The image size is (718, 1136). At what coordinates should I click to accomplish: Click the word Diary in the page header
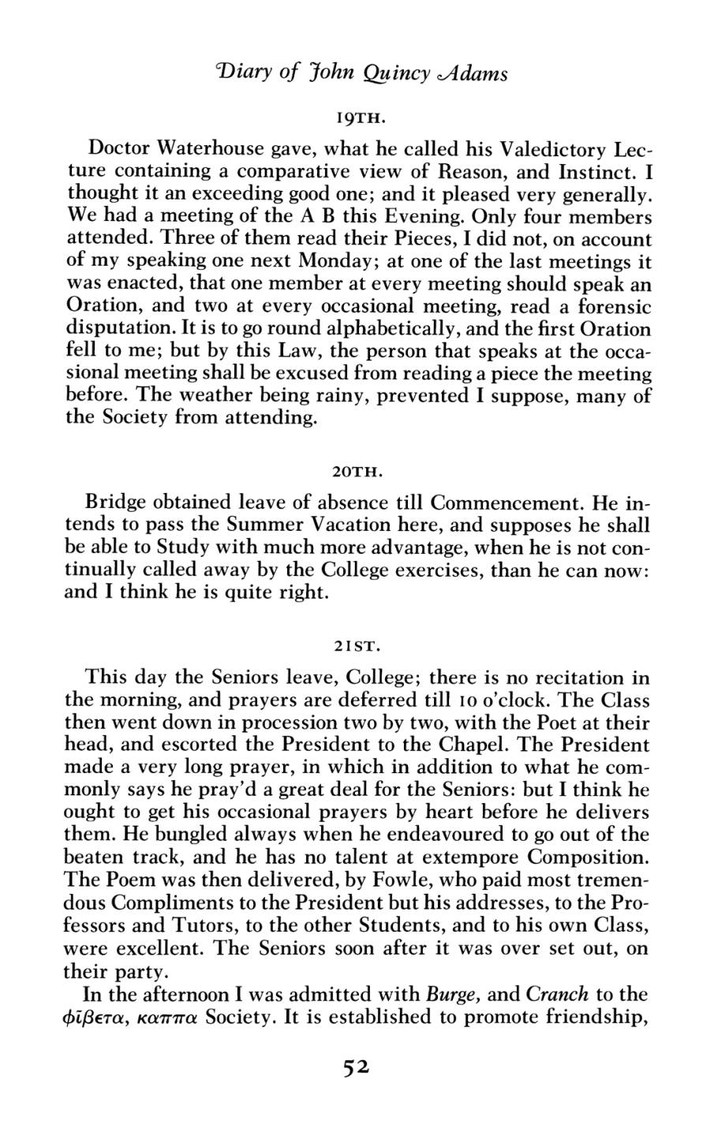pyautogui.click(x=237, y=73)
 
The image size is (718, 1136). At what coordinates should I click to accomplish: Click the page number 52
pyautogui.click(x=357, y=1067)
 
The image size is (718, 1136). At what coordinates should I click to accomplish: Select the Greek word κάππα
pyautogui.click(x=166, y=1016)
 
